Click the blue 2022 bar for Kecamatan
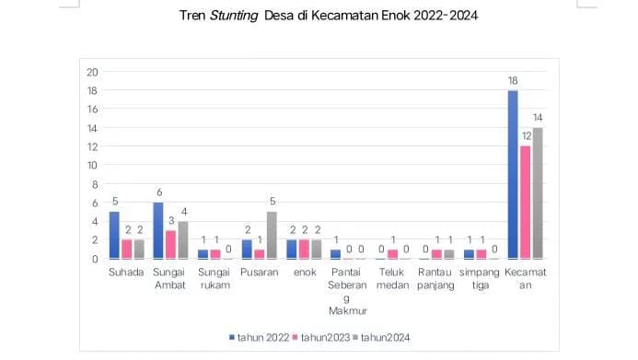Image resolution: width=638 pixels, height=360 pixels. click(513, 175)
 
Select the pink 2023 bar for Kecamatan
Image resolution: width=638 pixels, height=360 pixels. click(526, 203)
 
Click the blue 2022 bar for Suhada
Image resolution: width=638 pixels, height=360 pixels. click(114, 236)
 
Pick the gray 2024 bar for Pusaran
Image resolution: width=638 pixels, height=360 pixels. click(273, 236)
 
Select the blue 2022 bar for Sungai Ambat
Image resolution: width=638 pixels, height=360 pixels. click(158, 230)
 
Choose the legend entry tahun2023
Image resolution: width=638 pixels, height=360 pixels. click(321, 338)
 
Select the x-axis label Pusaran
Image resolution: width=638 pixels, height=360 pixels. click(260, 273)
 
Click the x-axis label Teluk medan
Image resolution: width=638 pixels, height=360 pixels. click(392, 278)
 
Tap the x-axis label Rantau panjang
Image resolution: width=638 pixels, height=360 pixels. click(436, 278)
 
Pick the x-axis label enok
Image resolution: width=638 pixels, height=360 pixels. click(304, 273)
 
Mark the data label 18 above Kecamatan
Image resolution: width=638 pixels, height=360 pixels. click(513, 81)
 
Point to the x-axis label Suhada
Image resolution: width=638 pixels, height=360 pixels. click(126, 273)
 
